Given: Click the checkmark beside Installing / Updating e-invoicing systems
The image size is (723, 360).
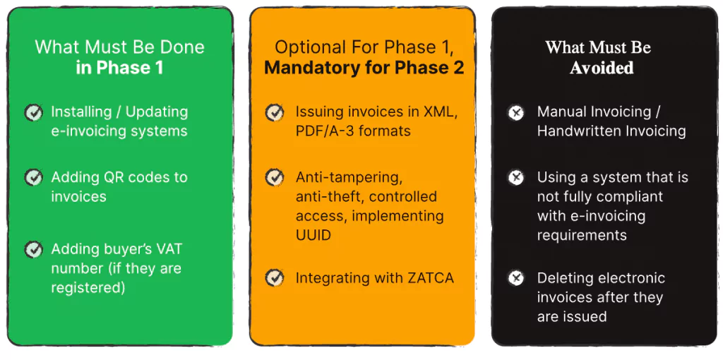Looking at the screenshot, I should click(x=33, y=112).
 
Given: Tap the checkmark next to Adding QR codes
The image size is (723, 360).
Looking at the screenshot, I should click(x=33, y=177).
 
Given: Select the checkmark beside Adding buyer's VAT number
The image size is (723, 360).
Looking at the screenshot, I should click(x=33, y=249).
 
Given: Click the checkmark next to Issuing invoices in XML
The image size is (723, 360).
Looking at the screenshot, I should click(x=275, y=112).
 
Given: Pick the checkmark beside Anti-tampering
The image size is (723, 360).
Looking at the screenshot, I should click(x=275, y=177).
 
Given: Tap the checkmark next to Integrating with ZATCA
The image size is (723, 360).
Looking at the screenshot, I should click(x=275, y=278).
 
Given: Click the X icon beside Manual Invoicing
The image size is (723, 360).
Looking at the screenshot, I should click(x=517, y=112).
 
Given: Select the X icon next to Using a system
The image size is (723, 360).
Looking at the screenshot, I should click(x=517, y=177).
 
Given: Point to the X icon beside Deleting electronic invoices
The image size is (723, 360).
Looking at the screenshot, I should click(x=517, y=278).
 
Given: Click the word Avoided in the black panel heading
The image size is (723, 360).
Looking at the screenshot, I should click(x=602, y=68).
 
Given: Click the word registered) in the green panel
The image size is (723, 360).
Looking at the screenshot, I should click(x=88, y=288).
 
